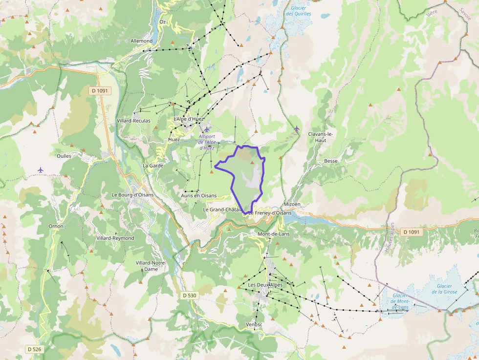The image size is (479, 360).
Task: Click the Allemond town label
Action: click(x=142, y=41)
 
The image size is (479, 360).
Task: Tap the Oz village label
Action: click(x=162, y=22)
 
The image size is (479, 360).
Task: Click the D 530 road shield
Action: click(x=189, y=296)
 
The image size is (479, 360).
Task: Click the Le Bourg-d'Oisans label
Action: click(x=132, y=195)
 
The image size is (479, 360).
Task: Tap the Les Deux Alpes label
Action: click(x=265, y=285)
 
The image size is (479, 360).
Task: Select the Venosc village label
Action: click(x=254, y=324)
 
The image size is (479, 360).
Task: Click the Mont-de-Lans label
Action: click(x=273, y=234)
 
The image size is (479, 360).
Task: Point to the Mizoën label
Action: click(x=292, y=204)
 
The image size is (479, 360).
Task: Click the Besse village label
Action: click(x=331, y=161)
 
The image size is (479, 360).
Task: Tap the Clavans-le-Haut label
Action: click(x=321, y=137)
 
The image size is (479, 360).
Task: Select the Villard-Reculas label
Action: click(x=133, y=121)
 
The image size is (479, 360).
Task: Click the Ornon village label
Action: click(x=56, y=226)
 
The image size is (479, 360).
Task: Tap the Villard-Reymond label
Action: click(x=115, y=238)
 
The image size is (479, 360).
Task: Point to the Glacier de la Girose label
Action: click(x=444, y=289)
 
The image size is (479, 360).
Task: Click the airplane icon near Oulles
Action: click(x=41, y=169)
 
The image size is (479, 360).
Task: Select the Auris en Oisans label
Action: click(x=198, y=195)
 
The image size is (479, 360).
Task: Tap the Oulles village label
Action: click(x=64, y=156)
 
